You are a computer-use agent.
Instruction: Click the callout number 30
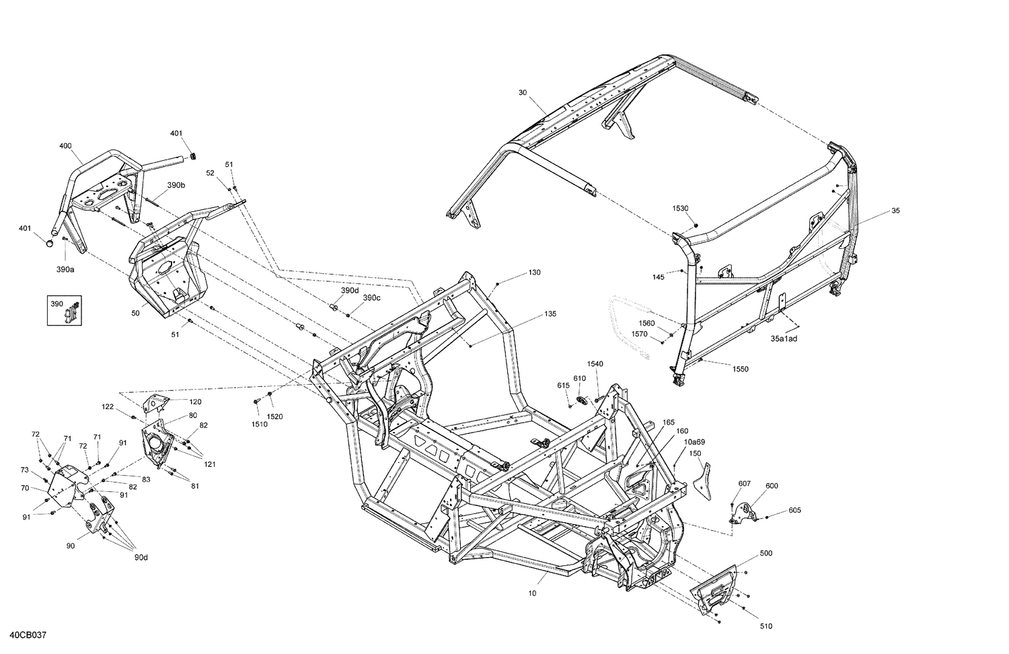(x=523, y=92)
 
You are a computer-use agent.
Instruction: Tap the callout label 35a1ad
(x=784, y=338)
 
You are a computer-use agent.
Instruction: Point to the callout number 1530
(x=680, y=209)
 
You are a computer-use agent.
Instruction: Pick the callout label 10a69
(x=695, y=442)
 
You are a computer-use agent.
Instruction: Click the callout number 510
(x=766, y=626)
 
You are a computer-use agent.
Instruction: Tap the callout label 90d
(x=140, y=557)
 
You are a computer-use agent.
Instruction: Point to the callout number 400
(x=65, y=146)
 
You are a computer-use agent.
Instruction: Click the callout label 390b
(x=176, y=185)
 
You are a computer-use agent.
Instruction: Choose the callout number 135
(x=550, y=314)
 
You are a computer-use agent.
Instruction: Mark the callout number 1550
(x=740, y=369)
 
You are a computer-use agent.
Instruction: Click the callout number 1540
(x=595, y=364)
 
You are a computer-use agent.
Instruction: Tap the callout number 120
(x=194, y=402)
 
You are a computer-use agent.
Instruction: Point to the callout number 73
(x=25, y=470)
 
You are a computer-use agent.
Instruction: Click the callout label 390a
(x=65, y=270)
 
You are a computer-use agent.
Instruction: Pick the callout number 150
(x=696, y=454)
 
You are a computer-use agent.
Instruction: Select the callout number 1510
(x=259, y=424)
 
